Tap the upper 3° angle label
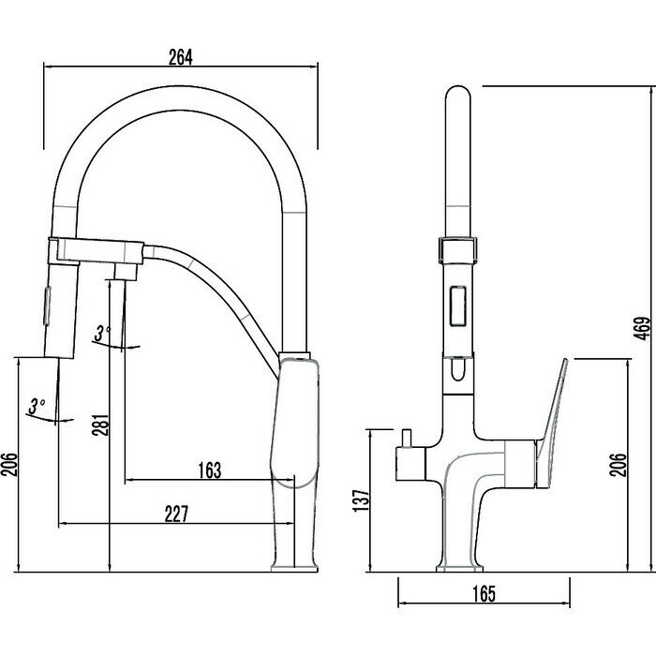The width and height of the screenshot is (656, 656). pyautogui.click(x=104, y=331)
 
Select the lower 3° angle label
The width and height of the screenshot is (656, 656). pyautogui.click(x=37, y=405)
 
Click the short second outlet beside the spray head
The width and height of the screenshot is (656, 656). pyautogui.click(x=122, y=270)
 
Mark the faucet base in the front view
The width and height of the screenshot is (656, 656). pyautogui.click(x=460, y=565)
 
